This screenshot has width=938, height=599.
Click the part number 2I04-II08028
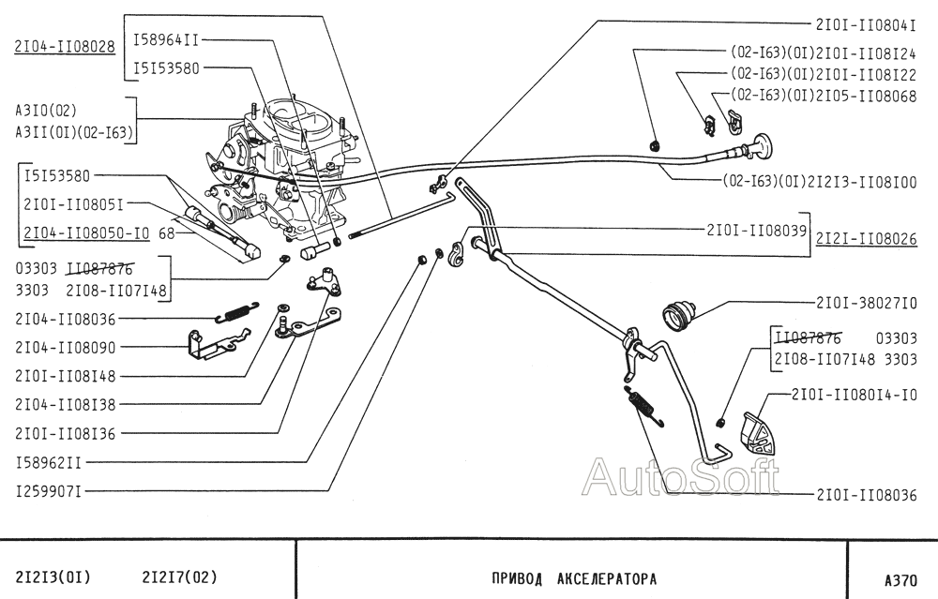pos(64,45)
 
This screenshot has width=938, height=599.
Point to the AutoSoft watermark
pos(680,476)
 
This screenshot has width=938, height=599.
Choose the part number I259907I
pos(48,490)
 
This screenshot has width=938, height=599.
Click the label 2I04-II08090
pos(65,347)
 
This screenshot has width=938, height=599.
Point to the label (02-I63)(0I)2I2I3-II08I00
pos(819,182)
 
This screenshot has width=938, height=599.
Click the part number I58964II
pos(166,39)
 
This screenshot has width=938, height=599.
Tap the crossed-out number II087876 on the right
pos(808,337)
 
